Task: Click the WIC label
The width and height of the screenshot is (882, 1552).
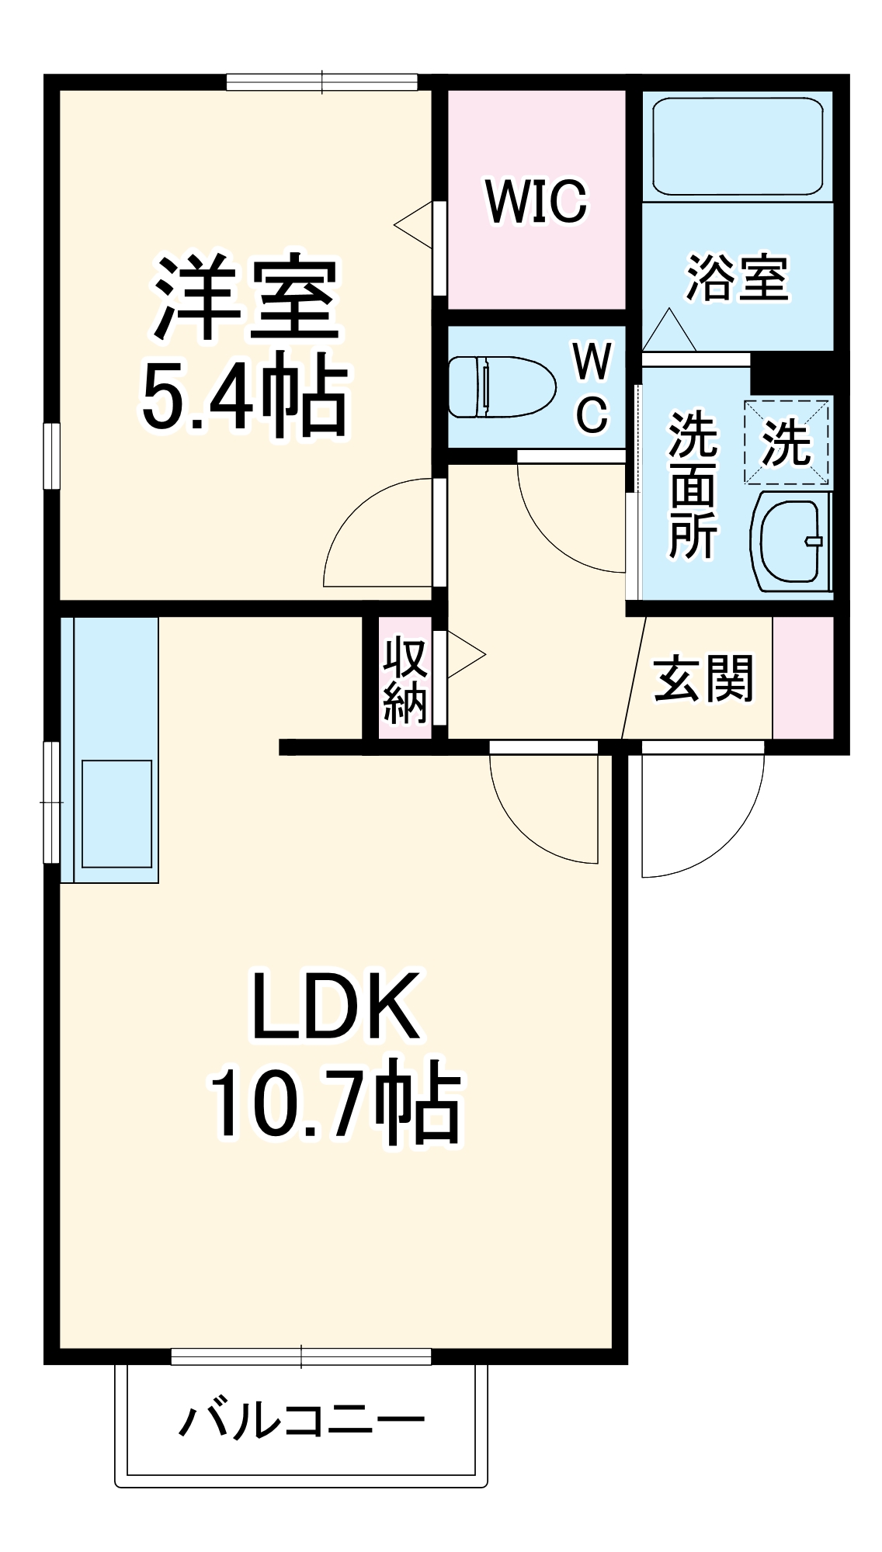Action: (536, 202)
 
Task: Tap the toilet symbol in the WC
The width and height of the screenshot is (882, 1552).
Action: (502, 386)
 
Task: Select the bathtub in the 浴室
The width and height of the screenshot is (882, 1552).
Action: (737, 146)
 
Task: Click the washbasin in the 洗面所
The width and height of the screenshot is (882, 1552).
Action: (790, 541)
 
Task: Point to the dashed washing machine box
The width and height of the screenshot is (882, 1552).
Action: (787, 442)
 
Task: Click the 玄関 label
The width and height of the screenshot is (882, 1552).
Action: (703, 678)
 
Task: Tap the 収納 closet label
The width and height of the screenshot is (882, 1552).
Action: (405, 680)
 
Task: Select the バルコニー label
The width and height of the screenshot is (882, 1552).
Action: (302, 1420)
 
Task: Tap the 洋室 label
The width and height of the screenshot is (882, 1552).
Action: (247, 296)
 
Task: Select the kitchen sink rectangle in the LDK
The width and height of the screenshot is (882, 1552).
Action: (117, 813)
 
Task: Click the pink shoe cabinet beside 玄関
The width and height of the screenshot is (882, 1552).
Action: (803, 677)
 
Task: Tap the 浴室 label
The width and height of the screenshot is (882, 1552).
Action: (737, 278)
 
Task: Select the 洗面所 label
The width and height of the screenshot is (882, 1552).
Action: (693, 485)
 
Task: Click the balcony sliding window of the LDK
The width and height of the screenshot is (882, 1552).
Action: (301, 1356)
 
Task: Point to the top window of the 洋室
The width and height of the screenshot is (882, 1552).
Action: (322, 81)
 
